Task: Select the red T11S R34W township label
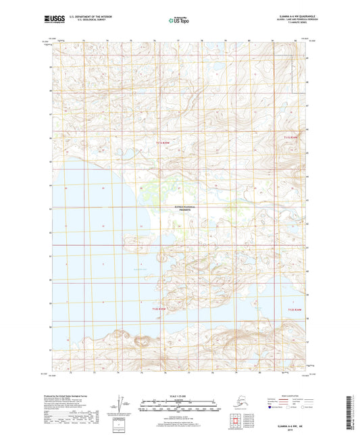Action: [x=290, y=138]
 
